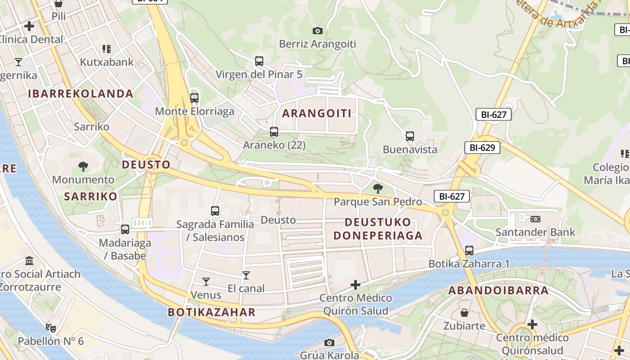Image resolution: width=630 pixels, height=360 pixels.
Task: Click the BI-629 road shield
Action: [482, 147]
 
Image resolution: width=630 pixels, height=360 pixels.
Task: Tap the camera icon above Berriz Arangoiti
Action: [318, 31]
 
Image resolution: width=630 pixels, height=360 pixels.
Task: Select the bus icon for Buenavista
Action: [409, 136]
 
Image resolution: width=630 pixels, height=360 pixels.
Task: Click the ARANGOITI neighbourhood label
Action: [316, 113]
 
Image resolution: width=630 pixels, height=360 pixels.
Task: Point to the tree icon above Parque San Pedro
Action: [378, 188]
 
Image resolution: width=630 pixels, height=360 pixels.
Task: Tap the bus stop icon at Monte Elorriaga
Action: [194, 98]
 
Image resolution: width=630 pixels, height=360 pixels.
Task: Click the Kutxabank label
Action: [107, 62]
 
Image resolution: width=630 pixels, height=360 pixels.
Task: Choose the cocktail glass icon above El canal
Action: [246, 275]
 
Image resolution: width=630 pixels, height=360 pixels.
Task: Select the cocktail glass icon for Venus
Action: [206, 282]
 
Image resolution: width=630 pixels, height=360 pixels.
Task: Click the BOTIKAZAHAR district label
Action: [211, 312]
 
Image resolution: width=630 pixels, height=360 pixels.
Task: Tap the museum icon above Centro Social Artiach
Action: [30, 261]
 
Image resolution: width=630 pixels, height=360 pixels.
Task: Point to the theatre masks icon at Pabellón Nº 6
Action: [50, 328]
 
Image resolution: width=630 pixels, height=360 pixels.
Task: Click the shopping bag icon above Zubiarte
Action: [464, 312]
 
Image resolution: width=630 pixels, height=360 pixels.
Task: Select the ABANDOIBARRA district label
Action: [499, 290]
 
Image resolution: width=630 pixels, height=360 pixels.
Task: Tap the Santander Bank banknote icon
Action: [535, 219]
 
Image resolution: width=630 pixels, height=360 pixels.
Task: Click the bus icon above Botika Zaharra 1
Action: [469, 250]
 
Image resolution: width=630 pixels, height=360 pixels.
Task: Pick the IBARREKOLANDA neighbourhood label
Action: [81, 94]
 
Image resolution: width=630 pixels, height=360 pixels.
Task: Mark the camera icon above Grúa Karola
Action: [329, 342]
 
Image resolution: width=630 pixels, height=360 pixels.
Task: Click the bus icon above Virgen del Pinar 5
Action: [259, 61]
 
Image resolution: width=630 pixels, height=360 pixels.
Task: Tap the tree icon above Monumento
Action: [83, 166]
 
